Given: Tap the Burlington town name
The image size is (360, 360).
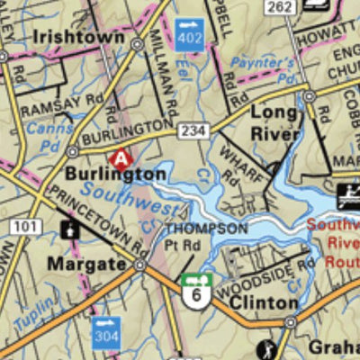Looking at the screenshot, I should pos(115,174).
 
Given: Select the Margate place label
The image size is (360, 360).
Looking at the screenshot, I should pos(86,265).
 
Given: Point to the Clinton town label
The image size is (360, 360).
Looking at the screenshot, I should pos(263,303).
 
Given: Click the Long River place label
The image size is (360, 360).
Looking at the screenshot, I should pos(274,123).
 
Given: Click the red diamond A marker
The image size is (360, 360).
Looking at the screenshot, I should pos(118,159).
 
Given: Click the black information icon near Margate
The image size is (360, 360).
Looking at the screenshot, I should pos(68,230).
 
